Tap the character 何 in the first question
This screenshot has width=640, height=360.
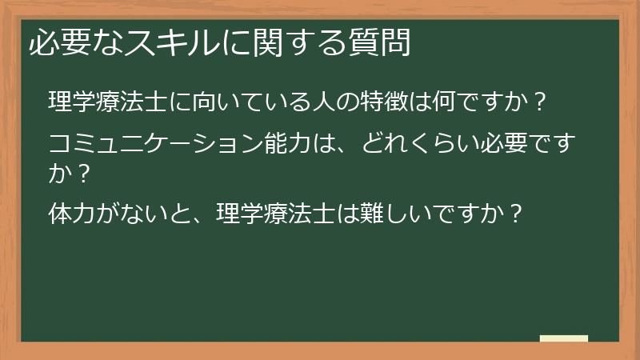pyautogui.click(x=442, y=102)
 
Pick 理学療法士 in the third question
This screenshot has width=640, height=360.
pyautogui.click(x=275, y=214)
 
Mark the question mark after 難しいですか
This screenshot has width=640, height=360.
pyautogui.click(x=516, y=214)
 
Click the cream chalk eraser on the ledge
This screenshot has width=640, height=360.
pyautogui.click(x=564, y=339)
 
